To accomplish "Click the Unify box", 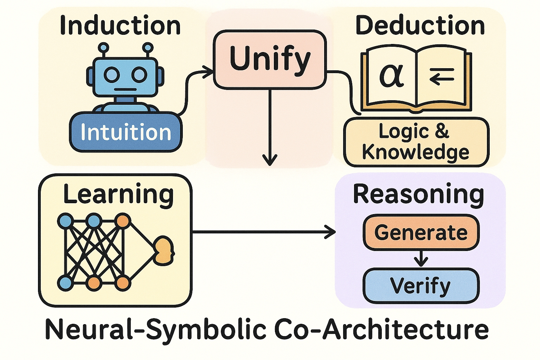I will click(x=270, y=59).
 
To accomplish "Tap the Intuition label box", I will click(x=126, y=132).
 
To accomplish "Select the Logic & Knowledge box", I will click(x=416, y=142).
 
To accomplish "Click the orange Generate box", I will click(x=421, y=232).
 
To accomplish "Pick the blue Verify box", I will click(x=421, y=285).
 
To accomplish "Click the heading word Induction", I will click(x=120, y=25).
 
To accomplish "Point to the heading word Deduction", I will click(x=420, y=25).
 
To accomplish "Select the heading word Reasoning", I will click(x=418, y=194).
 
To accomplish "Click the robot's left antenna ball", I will click(x=104, y=47).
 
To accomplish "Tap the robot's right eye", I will click(x=139, y=75).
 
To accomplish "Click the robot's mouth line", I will click(x=125, y=89).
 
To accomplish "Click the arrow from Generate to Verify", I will click(x=421, y=259).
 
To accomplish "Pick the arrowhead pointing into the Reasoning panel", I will click(x=330, y=232).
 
